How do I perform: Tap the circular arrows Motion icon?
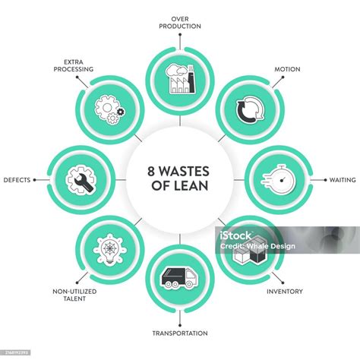250,109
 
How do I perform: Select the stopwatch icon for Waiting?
279,180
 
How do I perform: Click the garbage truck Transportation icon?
179,277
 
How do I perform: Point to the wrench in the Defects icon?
84,182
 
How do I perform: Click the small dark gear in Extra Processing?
121,112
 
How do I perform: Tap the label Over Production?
180,23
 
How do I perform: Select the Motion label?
287,69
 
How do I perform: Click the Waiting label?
343,180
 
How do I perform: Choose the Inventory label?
285,292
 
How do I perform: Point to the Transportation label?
180,333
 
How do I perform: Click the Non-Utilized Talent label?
74,295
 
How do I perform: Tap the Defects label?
17,180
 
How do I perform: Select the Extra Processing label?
74,65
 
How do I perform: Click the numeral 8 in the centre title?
151,172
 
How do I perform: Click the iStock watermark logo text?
235,235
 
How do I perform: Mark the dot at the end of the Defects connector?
35,180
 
